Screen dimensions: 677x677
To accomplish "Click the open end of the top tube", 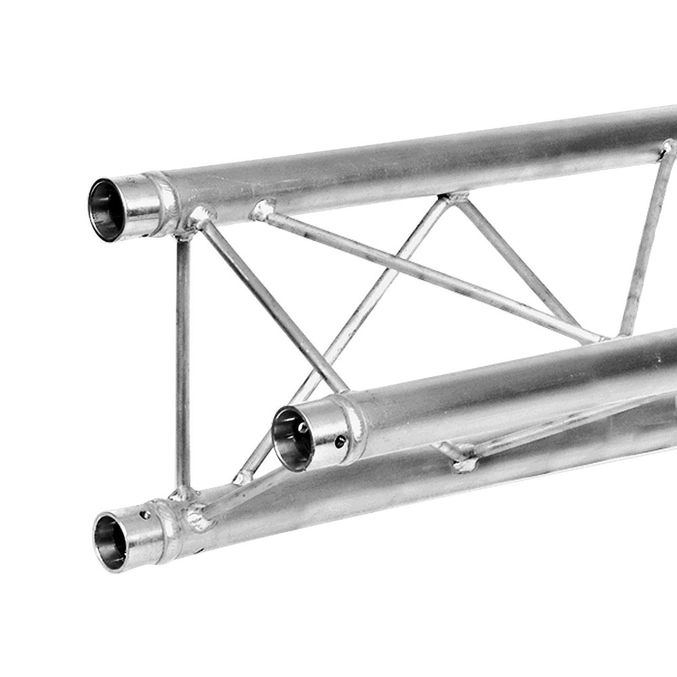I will tap(106, 209).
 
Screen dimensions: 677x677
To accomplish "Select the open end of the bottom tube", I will tap(110, 541).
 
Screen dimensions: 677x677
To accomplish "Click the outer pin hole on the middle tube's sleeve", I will tap(340, 441).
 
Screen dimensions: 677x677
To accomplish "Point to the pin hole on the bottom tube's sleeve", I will tap(144, 515).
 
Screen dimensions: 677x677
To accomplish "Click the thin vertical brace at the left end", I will tap(183, 359).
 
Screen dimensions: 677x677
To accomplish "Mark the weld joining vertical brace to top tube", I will tap(183, 234).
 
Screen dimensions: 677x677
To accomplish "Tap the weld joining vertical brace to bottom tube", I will tap(181, 492).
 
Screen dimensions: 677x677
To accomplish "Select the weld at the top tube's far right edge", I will tap(667, 148).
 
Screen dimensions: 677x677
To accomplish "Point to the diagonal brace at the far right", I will tap(643, 244).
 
